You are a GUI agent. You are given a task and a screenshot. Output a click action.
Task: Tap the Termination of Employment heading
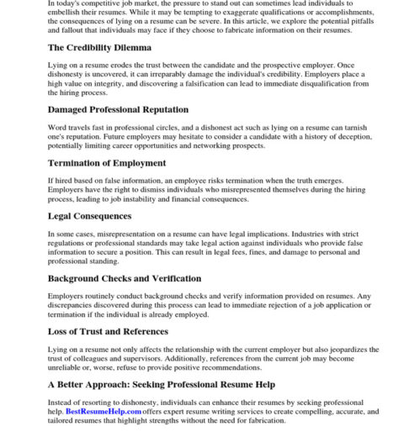(x=107, y=163)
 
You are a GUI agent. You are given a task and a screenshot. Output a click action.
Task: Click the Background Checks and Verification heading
(x=124, y=278)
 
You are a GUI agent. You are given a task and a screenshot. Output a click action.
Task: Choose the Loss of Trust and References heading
(x=108, y=331)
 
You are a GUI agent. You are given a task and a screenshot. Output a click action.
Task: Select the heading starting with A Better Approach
(x=160, y=385)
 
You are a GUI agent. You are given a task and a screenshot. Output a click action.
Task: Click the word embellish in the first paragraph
(x=67, y=13)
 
